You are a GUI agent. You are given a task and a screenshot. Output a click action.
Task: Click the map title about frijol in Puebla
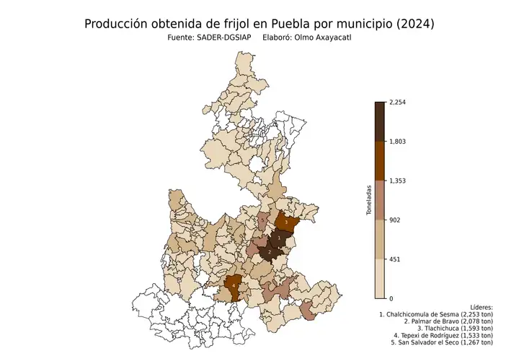tap(259, 24)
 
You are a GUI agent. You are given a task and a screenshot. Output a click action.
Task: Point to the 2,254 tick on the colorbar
tap(397, 103)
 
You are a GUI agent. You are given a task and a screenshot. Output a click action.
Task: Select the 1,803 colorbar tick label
tap(397, 142)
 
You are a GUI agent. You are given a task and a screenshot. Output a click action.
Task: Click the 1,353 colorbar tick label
tap(397, 181)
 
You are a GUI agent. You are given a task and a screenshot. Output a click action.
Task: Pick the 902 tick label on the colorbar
tap(394, 220)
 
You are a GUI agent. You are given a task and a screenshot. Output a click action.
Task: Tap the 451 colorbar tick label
tap(394, 259)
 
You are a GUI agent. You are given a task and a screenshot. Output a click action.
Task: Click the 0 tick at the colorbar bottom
tap(391, 298)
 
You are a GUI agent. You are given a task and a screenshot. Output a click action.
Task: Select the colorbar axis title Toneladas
tap(368, 200)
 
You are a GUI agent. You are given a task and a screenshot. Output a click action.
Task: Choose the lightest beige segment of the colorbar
tap(380, 279)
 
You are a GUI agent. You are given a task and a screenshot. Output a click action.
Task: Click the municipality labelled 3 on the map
tap(286, 223)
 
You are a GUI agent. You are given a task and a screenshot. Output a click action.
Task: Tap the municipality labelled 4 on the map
tap(233, 285)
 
